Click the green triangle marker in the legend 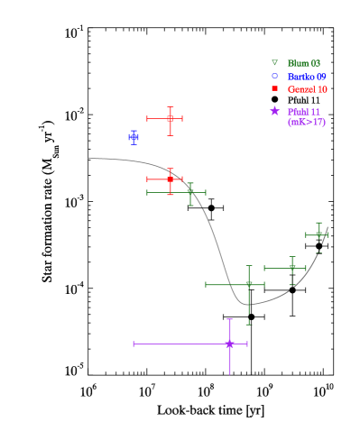click(274, 63)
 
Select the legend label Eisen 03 click(303, 63)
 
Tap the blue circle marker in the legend click(274, 77)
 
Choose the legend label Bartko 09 click(307, 77)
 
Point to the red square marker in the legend click(274, 89)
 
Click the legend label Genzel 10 click(307, 89)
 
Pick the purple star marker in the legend click(274, 111)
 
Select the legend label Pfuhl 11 click(303, 111)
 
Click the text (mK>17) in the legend click(306, 122)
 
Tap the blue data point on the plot click(134, 137)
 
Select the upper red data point click(170, 118)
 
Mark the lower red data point click(170, 179)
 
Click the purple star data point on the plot click(229, 344)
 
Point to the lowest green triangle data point click(249, 284)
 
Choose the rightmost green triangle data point click(318, 234)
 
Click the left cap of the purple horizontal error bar click(134, 344)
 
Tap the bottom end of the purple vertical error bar click(229, 373)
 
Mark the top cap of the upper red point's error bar click(170, 107)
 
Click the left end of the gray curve click(88, 158)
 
